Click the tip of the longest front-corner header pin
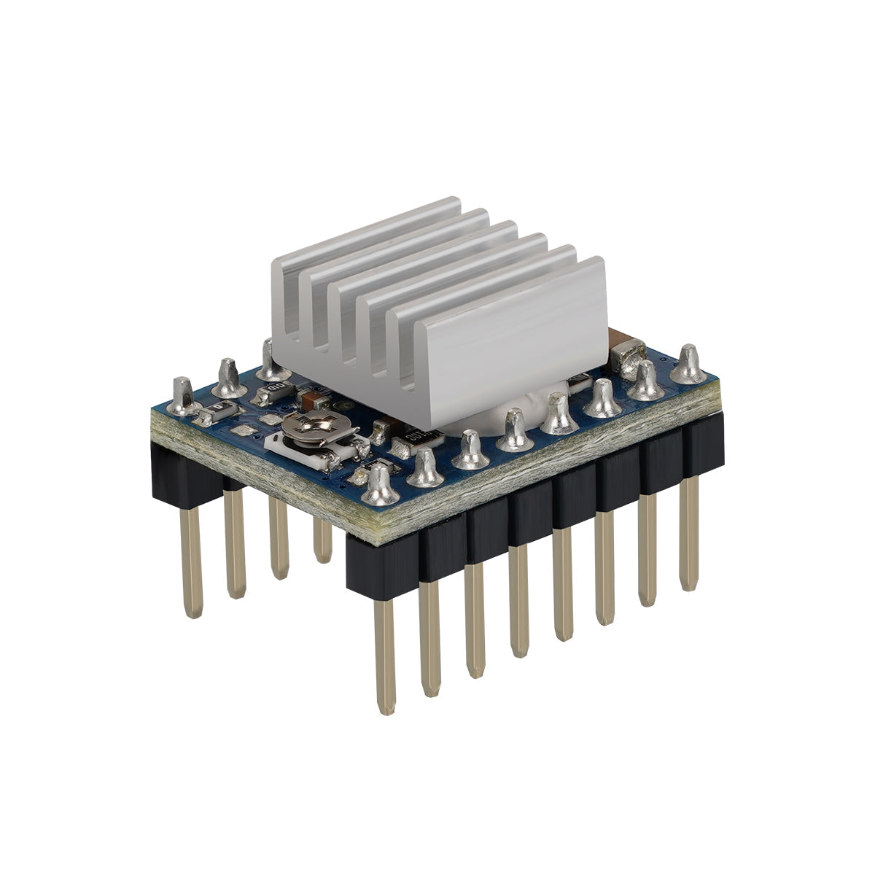386,704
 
